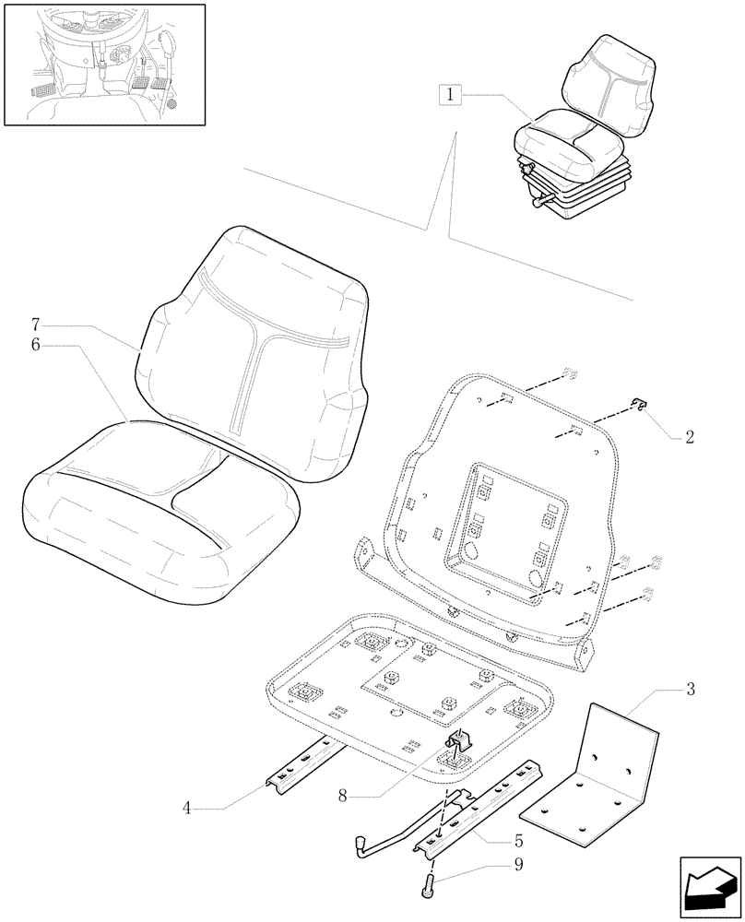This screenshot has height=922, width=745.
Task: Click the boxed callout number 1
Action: click(x=449, y=94)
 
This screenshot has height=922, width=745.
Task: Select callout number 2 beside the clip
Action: click(x=689, y=438)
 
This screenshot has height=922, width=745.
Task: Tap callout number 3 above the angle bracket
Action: click(x=691, y=690)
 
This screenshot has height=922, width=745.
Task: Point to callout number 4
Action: click(x=187, y=809)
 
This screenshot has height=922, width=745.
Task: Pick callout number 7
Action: click(x=35, y=325)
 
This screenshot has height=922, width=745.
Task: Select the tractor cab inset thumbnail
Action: click(x=104, y=63)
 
